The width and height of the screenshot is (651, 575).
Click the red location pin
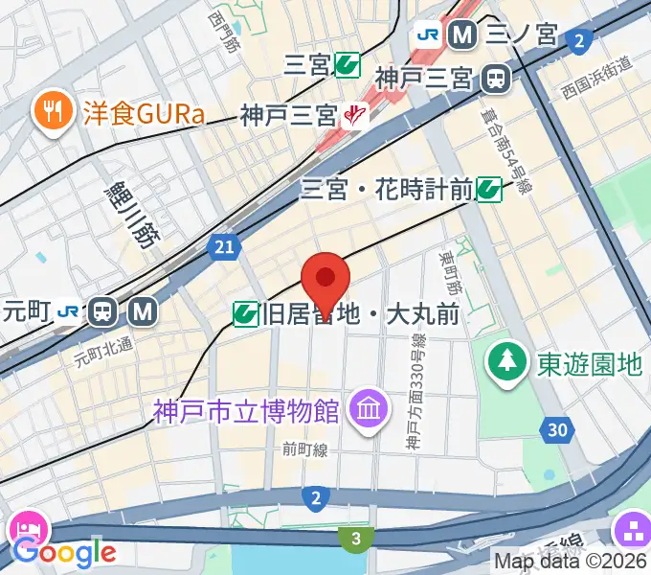pos(325,280)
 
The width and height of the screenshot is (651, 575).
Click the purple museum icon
pos(368,410)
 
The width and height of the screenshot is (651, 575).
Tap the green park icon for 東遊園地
pos(505,362)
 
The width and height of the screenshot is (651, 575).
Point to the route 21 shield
pos(223,247)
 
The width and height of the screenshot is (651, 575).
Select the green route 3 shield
pos(356,540)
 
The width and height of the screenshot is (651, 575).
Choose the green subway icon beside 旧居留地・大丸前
pos(247,313)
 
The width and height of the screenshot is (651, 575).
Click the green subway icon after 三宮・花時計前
pos(490,190)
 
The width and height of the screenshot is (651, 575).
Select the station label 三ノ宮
pos(522,35)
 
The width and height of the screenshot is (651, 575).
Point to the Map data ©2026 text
pos(572,561)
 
